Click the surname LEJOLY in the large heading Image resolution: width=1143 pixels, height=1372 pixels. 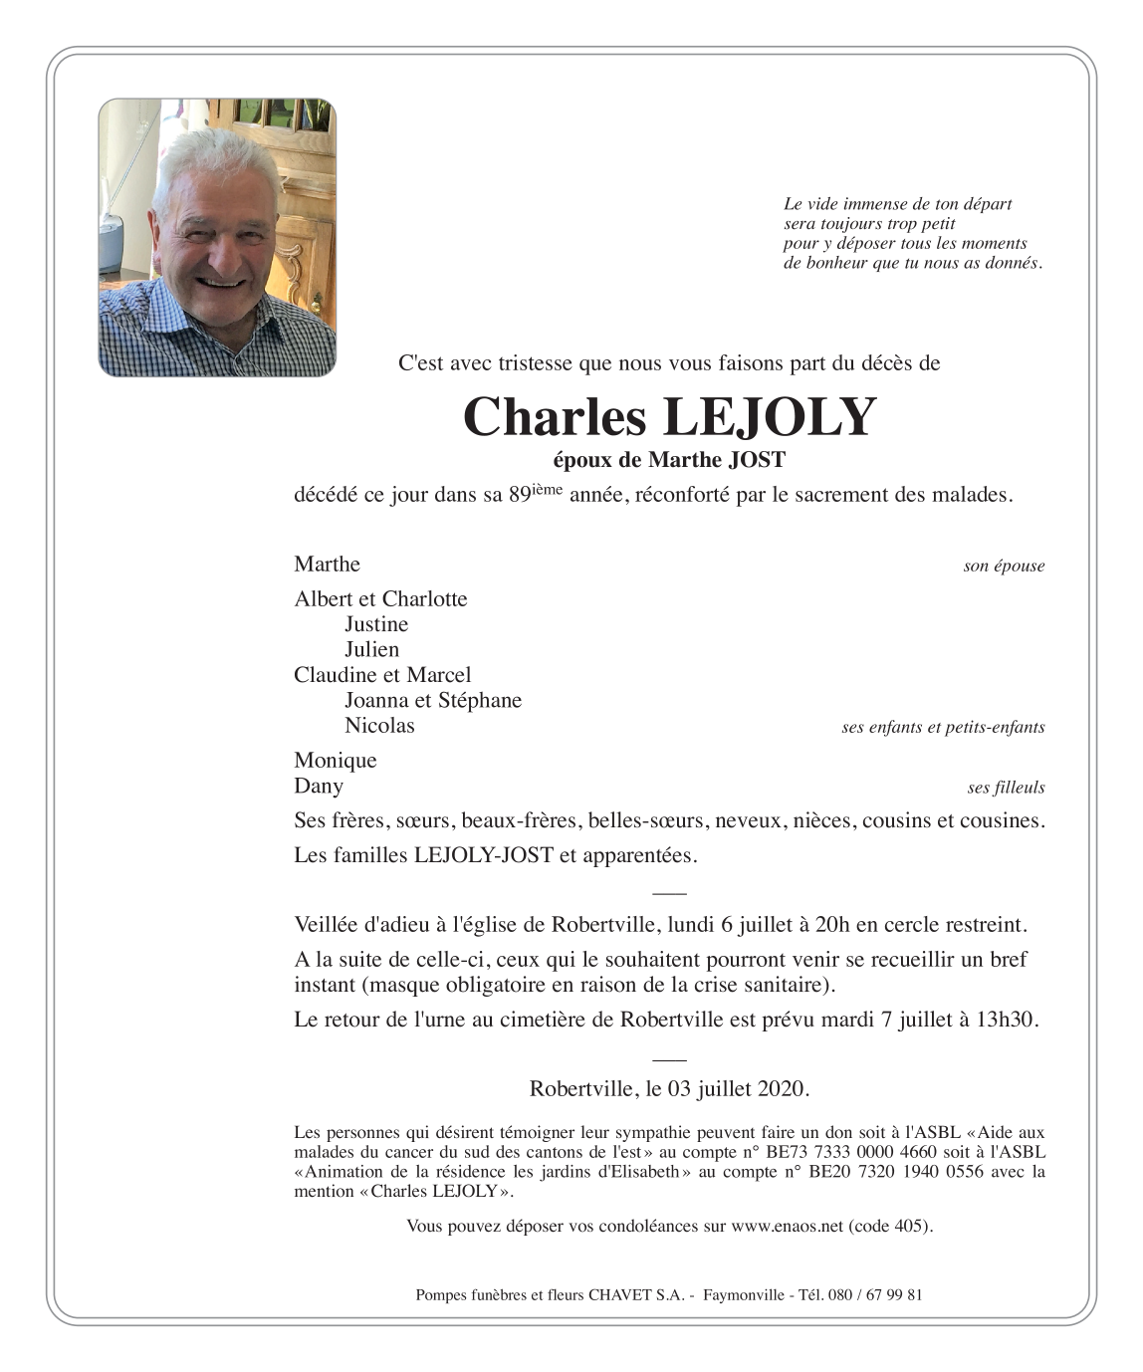[769, 417]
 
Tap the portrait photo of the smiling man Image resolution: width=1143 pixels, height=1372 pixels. [217, 237]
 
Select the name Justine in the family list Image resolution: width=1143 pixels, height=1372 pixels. [376, 624]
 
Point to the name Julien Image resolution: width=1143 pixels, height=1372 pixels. [371, 649]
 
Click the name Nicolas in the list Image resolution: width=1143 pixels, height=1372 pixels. [379, 726]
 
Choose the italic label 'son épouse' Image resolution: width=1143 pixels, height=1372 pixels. [1004, 567]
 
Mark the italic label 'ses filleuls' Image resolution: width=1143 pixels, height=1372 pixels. [1006, 788]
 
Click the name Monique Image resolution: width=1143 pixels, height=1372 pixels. [336, 761]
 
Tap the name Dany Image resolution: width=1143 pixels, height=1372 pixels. [319, 787]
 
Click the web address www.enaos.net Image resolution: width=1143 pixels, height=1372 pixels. [787, 1227]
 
